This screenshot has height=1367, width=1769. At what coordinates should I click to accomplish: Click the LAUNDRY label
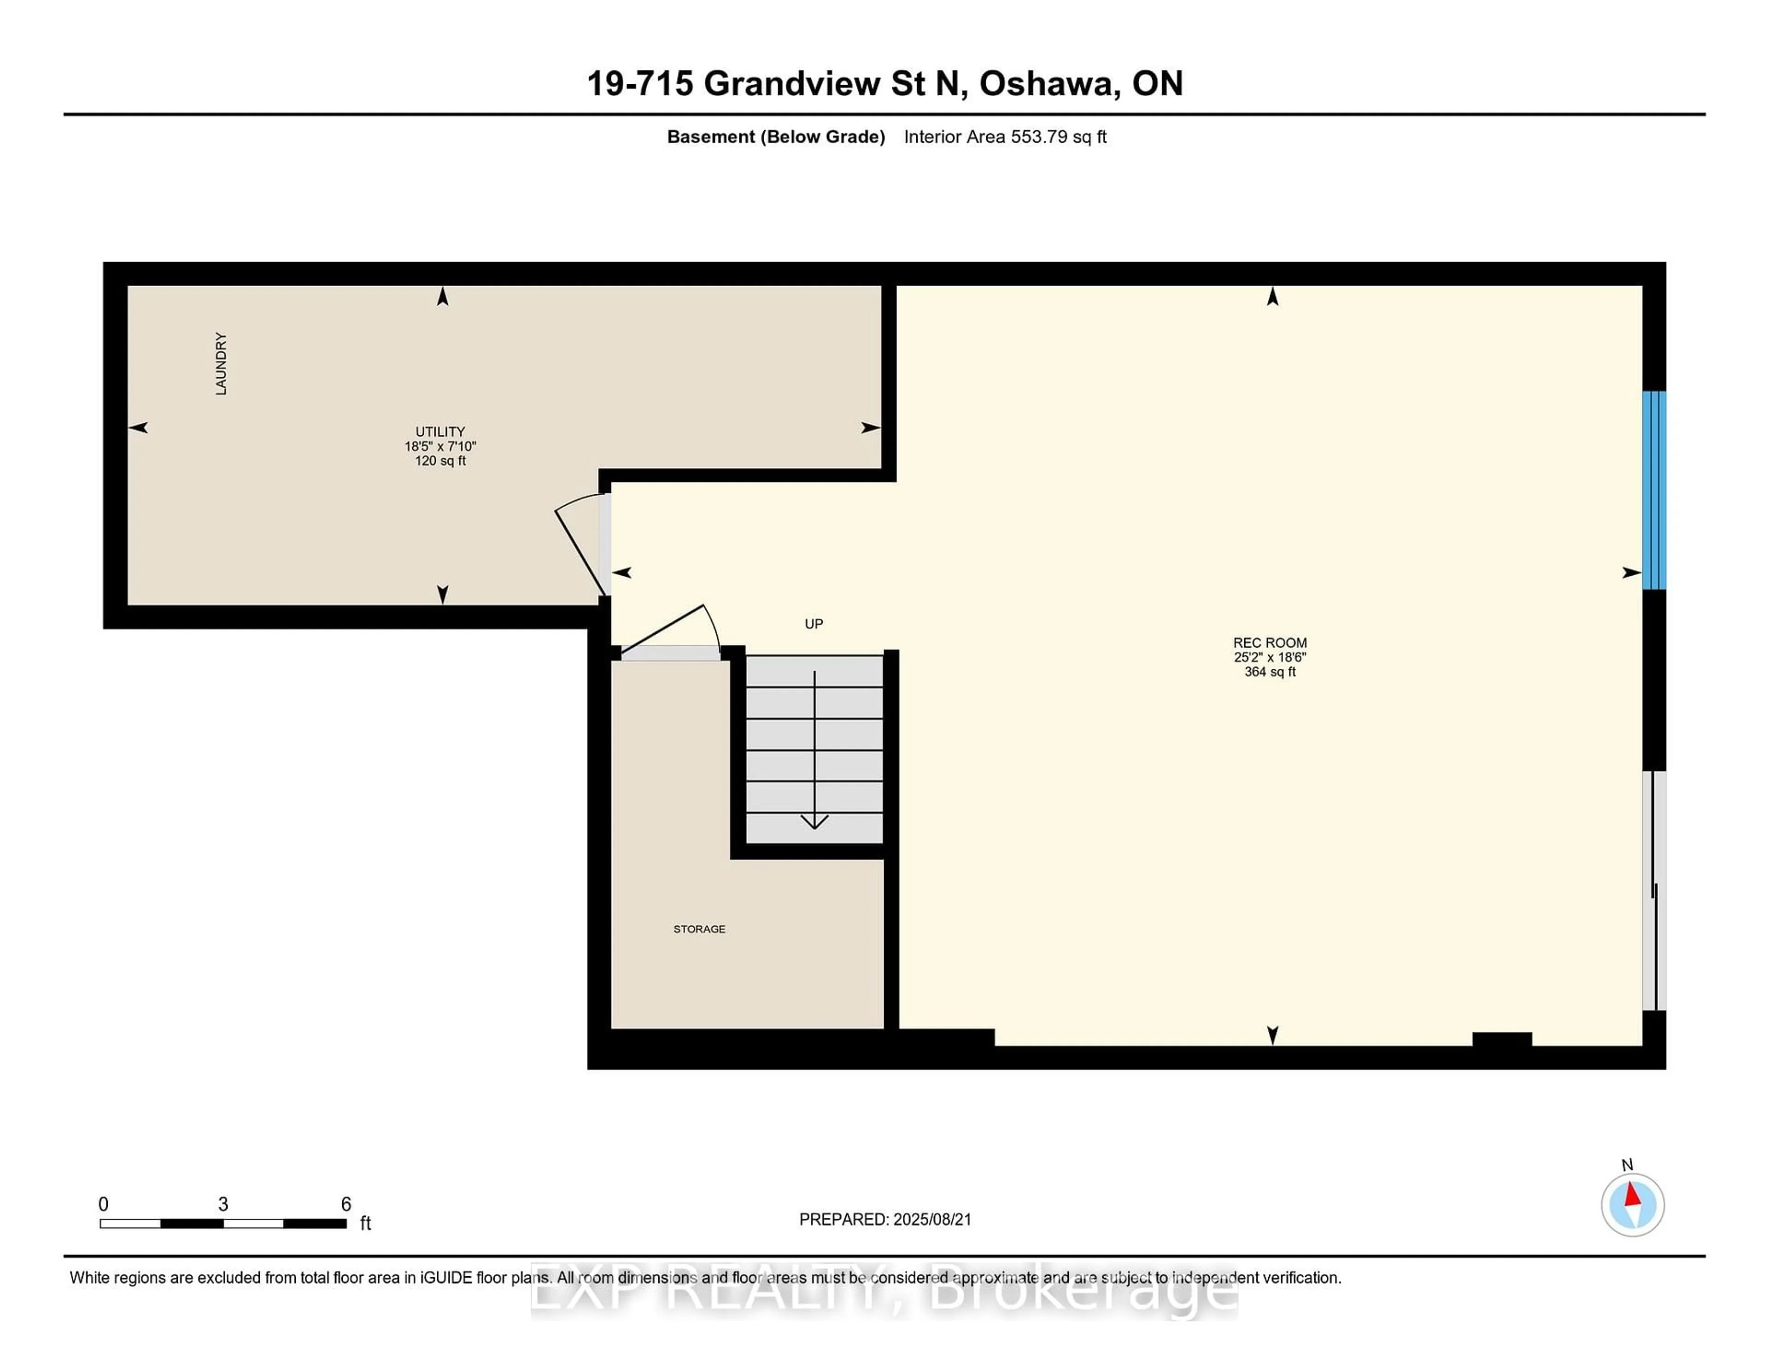point(220,363)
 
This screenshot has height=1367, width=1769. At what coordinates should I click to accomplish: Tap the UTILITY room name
point(440,432)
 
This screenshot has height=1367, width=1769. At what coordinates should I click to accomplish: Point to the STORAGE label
point(699,929)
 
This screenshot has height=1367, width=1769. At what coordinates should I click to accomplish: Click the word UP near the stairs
point(814,624)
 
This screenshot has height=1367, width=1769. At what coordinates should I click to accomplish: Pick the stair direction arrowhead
point(814,822)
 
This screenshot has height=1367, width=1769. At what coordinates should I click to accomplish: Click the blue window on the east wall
point(1654,490)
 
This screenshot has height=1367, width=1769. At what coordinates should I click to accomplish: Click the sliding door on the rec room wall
point(1654,891)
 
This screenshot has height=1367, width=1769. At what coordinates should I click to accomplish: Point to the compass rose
point(1632,1205)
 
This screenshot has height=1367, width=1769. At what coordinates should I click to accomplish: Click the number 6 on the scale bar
point(346,1204)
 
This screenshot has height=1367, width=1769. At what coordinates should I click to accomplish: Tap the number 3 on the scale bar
point(223,1204)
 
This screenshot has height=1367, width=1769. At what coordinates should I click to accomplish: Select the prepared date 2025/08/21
point(931,1220)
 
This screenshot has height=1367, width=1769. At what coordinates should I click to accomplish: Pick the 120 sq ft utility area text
point(440,461)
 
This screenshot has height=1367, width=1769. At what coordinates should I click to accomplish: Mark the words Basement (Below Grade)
point(776,137)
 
